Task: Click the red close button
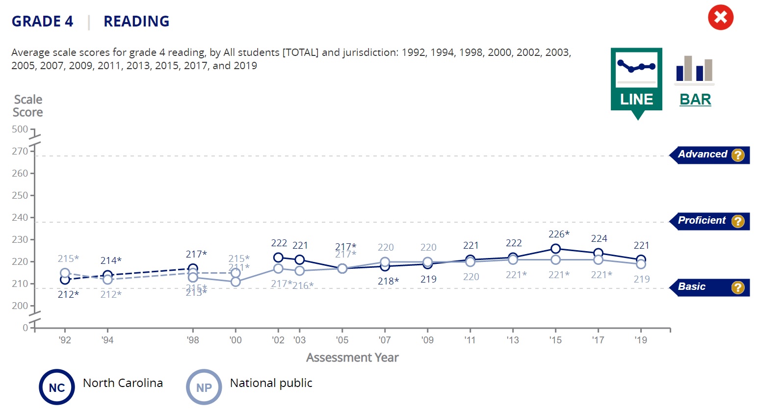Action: point(720,18)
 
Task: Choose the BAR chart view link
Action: point(695,100)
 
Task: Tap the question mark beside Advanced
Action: point(737,155)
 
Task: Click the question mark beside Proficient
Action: point(737,221)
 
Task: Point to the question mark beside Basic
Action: point(737,287)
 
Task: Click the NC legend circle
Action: point(57,387)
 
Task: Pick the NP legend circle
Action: point(204,387)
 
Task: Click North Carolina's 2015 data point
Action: point(555,249)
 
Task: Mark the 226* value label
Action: point(559,234)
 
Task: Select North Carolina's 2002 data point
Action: point(278,258)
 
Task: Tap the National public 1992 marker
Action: point(65,273)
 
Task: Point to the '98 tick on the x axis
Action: point(193,340)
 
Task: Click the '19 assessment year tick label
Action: point(641,340)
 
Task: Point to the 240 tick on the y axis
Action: point(20,217)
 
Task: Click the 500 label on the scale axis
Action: point(20,129)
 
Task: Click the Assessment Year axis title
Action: point(352,358)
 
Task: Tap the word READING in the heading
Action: point(136,22)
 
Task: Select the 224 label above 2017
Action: point(599,239)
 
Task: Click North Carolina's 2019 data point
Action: point(641,259)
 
